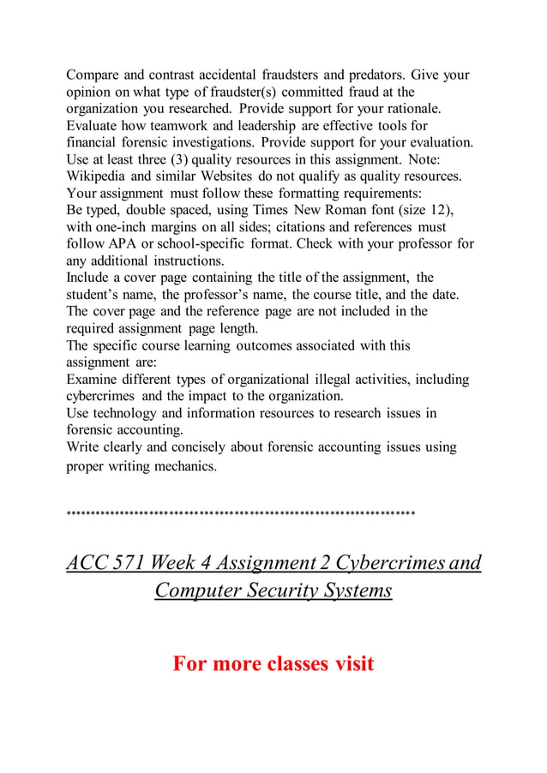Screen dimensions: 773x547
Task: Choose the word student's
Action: (96, 295)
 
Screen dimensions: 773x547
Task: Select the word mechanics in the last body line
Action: (184, 467)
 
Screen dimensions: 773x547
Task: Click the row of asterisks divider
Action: (240, 514)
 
